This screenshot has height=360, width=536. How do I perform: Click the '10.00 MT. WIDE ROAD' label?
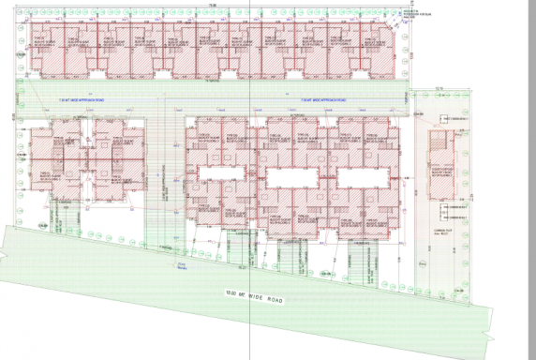(x=254, y=296)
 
